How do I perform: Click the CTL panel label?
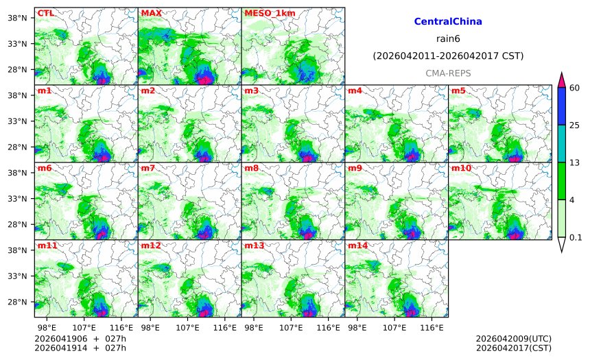click(x=45, y=13)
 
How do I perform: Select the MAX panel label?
click(x=151, y=13)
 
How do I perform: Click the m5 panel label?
click(x=458, y=91)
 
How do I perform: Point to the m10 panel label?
click(x=460, y=168)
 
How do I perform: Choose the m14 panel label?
click(x=357, y=245)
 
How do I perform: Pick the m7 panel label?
click(x=148, y=168)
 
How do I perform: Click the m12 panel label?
click(x=151, y=245)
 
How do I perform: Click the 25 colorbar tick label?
click(x=575, y=125)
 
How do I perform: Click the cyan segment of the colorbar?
click(x=562, y=143)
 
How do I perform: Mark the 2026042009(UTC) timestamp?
click(x=513, y=339)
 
